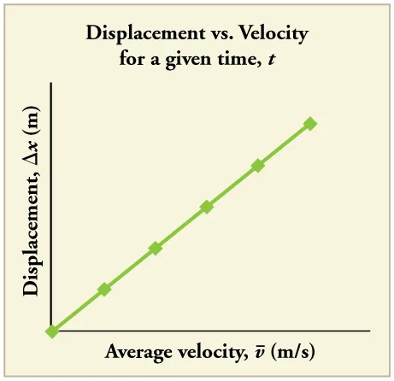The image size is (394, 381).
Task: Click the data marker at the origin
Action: tap(52, 331)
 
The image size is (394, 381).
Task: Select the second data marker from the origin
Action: tap(104, 290)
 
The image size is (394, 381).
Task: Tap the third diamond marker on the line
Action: tap(156, 249)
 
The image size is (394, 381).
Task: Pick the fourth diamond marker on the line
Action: tap(207, 207)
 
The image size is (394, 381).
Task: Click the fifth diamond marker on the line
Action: tap(258, 165)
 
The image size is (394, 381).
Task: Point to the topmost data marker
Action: tap(310, 124)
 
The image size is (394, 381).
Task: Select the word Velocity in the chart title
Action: tap(274, 37)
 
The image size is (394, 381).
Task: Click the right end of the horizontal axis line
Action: tap(368, 331)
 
